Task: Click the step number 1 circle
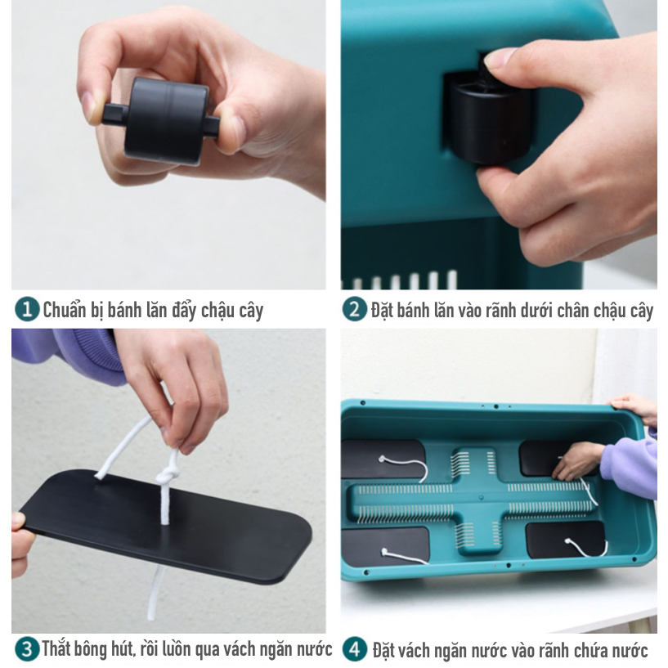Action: click(x=27, y=309)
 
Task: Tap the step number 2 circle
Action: click(x=355, y=309)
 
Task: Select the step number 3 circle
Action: click(x=27, y=649)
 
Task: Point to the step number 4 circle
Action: click(x=355, y=649)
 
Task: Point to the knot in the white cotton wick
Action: click(x=167, y=477)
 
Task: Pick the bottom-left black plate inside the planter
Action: click(x=385, y=546)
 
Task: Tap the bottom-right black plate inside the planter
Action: click(x=567, y=540)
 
